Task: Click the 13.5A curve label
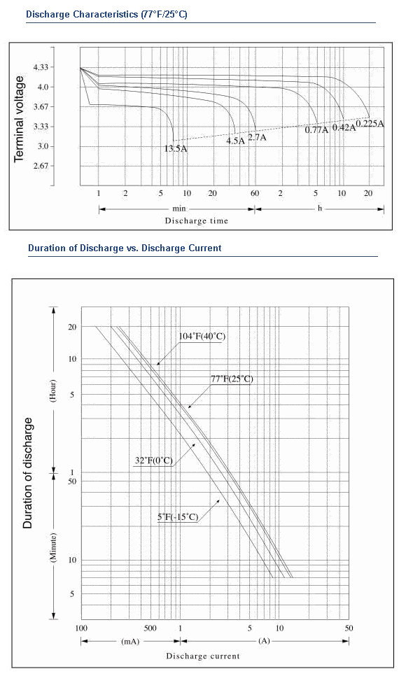[x=176, y=149]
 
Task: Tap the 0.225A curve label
[x=370, y=123]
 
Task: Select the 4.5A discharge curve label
[x=236, y=141]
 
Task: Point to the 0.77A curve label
[x=316, y=129]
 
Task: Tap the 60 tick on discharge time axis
[x=255, y=193]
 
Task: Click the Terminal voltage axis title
[x=19, y=119]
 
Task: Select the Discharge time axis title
[x=196, y=220]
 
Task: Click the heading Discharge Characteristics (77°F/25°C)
[x=106, y=14]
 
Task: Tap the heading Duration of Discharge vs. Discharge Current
[x=125, y=248]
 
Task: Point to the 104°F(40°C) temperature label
[x=202, y=337]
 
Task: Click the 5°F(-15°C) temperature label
[x=178, y=516]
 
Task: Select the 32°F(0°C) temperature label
[x=154, y=460]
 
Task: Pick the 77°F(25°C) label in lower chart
[x=232, y=379]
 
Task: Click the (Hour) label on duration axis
[x=53, y=390]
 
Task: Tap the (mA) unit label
[x=130, y=641]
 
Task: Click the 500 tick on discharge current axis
[x=150, y=628]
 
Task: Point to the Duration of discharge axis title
[x=27, y=473]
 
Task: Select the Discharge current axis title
[x=203, y=656]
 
